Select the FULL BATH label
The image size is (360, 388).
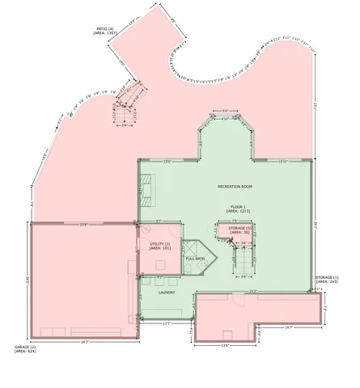click(x=195, y=259)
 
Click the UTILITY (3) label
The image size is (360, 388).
click(x=159, y=246)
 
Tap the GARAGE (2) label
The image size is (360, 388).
click(x=25, y=349)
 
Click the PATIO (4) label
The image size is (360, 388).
click(x=106, y=30)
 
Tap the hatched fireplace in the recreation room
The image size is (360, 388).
click(x=146, y=188)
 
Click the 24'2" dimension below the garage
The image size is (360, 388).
click(x=83, y=342)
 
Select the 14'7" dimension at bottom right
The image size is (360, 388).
click(x=289, y=327)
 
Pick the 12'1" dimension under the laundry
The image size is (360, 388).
click(x=166, y=323)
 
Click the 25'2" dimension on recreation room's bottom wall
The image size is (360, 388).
click(x=252, y=292)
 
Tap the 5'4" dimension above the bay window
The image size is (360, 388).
click(x=227, y=112)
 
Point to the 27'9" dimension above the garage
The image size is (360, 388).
click(x=83, y=224)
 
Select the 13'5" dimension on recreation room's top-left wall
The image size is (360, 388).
click(x=168, y=162)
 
